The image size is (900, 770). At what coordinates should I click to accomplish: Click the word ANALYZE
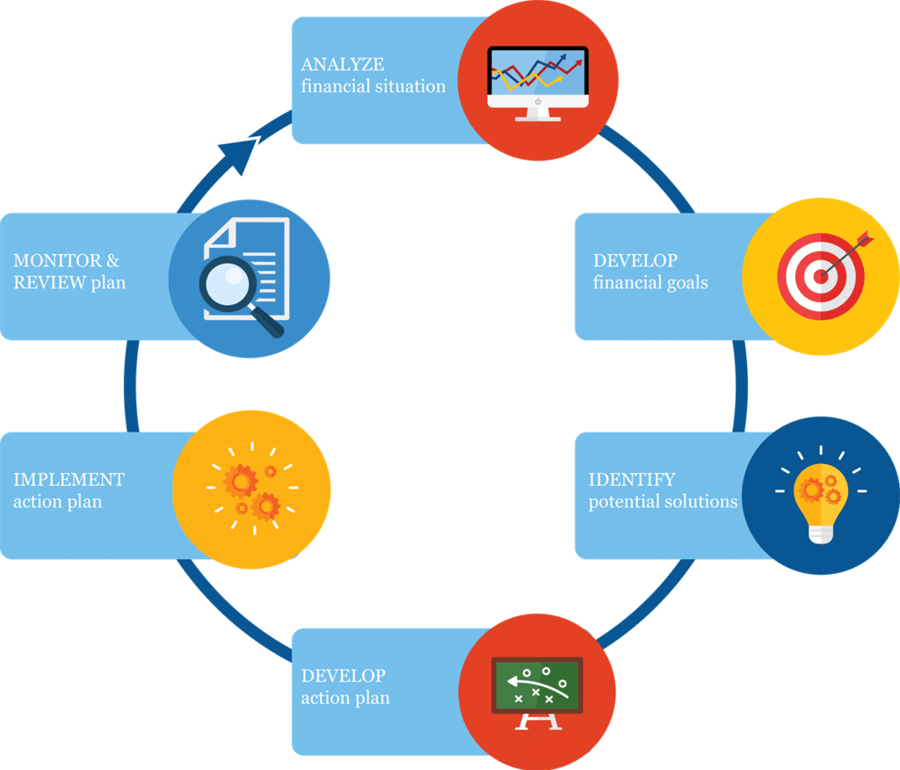pos(343,65)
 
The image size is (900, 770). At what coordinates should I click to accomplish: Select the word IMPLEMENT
pos(69,480)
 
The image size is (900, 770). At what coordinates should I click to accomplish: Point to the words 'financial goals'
pos(650,283)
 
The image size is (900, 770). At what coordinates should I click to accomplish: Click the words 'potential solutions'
pos(663,502)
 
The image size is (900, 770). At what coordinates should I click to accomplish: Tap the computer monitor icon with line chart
pos(538,82)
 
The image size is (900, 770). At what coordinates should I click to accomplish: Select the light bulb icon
pos(820,496)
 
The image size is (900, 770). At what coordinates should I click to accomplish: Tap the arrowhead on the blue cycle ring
pos(239,156)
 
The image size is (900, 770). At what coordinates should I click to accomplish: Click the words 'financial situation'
pos(374,87)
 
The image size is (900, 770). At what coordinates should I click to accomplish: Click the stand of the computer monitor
pos(538,114)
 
